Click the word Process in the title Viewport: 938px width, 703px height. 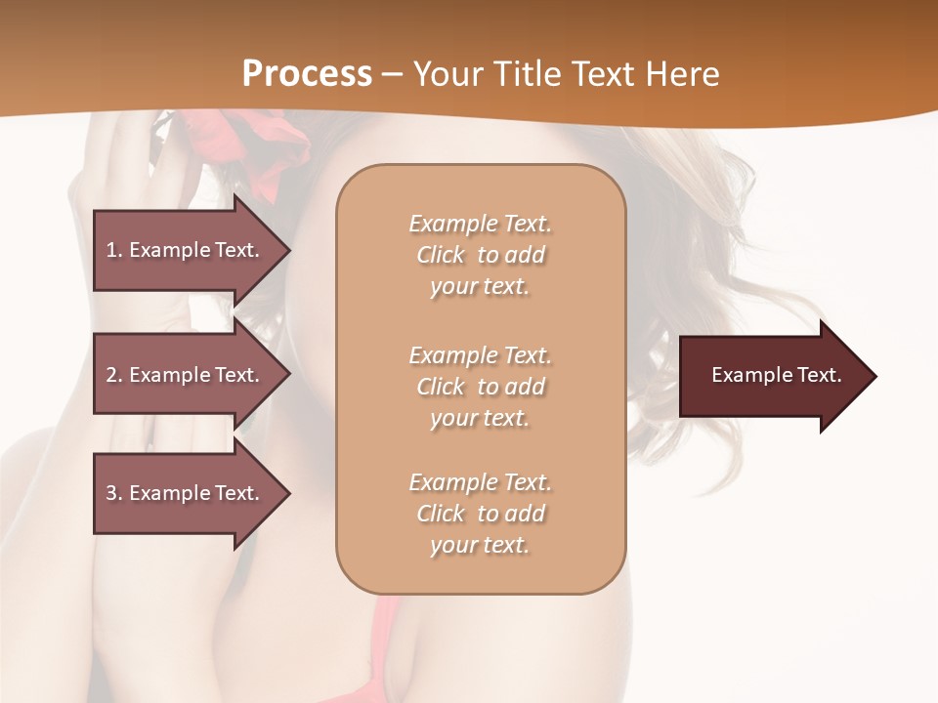pos(307,73)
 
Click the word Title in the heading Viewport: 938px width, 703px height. pos(527,73)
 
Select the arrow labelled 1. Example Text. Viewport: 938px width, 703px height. pos(186,250)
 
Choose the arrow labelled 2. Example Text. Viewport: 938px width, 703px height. pos(186,375)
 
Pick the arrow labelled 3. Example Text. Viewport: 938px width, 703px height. pos(186,493)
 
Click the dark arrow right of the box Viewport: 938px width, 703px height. pos(772,376)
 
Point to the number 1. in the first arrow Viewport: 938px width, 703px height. pos(114,250)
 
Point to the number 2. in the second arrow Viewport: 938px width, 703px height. pos(114,375)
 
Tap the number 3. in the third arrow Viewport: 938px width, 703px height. pos(114,493)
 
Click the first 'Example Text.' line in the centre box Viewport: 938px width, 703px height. pos(480,224)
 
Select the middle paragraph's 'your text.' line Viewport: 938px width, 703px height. pos(480,418)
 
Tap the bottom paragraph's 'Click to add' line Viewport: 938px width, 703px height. pos(480,514)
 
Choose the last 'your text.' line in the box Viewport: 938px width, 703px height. pos(480,545)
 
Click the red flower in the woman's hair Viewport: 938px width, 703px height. pos(244,146)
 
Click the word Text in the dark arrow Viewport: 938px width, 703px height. pos(817,375)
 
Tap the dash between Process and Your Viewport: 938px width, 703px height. pos(392,74)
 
